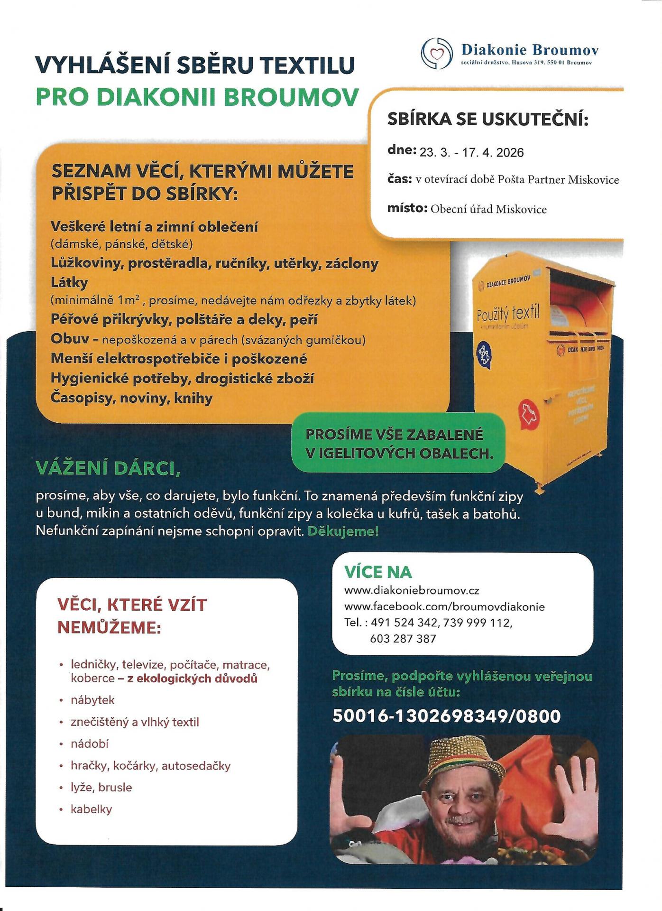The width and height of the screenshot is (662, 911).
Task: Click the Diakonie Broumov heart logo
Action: pyautogui.click(x=436, y=54)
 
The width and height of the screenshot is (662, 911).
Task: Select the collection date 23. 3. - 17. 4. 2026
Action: pyautogui.click(x=471, y=153)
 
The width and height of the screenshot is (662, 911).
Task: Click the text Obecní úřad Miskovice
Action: pyautogui.click(x=488, y=209)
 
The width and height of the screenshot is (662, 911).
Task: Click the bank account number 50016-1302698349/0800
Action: pyautogui.click(x=446, y=716)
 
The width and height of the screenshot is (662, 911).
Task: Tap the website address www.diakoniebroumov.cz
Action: pyautogui.click(x=412, y=591)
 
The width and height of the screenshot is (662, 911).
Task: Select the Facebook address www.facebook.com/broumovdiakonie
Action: pyautogui.click(x=444, y=607)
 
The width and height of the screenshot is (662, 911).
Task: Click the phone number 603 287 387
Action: pyautogui.click(x=403, y=639)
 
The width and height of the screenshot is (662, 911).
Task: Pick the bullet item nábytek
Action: pyautogui.click(x=92, y=700)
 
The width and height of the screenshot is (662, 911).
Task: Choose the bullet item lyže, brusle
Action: pyautogui.click(x=101, y=787)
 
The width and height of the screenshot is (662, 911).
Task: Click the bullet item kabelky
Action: pyautogui.click(x=91, y=809)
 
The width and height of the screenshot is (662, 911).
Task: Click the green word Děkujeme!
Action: pyautogui.click(x=343, y=531)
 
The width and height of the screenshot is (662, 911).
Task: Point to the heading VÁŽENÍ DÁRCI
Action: pyautogui.click(x=108, y=468)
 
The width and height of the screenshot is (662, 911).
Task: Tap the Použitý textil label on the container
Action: pyautogui.click(x=508, y=314)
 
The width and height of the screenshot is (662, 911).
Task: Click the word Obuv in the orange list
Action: pyautogui.click(x=70, y=339)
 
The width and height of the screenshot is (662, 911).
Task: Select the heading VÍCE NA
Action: pyautogui.click(x=378, y=572)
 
